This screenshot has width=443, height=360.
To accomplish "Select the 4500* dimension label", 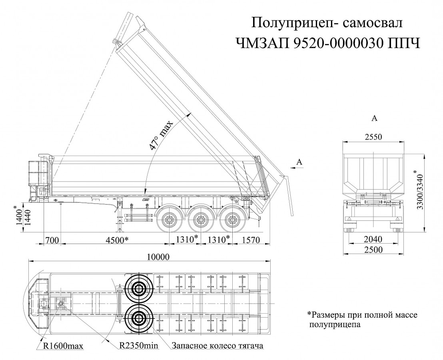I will tap(117, 240).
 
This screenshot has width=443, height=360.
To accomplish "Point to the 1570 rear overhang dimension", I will tap(251, 240).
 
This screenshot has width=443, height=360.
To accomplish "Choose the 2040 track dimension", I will tap(373, 240).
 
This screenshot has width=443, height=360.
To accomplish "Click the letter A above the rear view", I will tap(374, 118).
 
